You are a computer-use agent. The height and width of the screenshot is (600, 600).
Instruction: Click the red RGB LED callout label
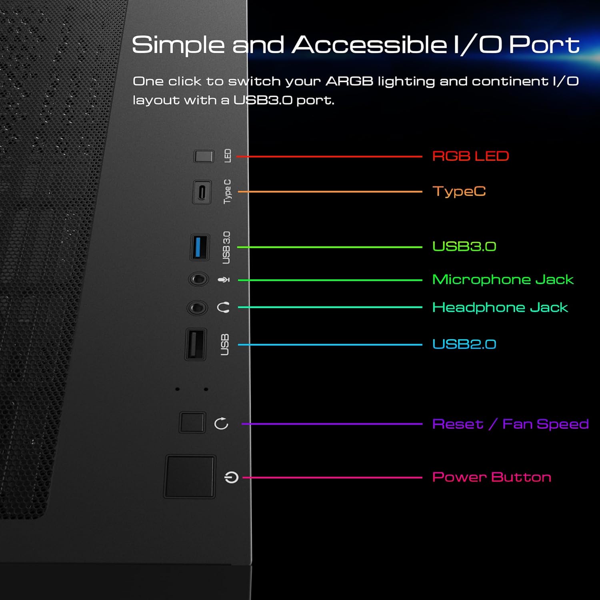(470, 156)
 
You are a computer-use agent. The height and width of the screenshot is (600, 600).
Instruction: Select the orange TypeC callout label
(459, 192)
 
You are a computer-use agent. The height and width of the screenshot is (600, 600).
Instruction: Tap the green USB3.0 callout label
(464, 246)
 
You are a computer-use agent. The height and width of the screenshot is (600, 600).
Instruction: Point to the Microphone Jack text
(503, 279)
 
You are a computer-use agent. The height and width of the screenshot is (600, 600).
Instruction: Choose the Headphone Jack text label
(500, 307)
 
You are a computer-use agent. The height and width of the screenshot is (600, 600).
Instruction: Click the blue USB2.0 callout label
(464, 344)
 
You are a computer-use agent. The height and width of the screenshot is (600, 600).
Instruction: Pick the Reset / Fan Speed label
(511, 424)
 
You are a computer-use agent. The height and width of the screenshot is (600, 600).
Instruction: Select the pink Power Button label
(492, 477)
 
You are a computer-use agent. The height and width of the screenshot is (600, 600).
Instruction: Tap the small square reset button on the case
(192, 422)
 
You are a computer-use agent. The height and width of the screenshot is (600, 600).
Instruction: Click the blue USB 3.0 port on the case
(200, 247)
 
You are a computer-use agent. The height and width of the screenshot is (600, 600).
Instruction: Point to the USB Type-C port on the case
(202, 192)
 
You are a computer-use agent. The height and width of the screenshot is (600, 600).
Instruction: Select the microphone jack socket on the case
(198, 279)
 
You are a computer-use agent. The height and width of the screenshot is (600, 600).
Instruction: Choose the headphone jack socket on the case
(197, 308)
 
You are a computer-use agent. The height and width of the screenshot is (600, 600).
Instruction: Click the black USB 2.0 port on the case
(196, 344)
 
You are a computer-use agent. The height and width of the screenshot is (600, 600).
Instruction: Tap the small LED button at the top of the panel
(204, 156)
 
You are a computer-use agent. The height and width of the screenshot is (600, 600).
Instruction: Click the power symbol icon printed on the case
(232, 477)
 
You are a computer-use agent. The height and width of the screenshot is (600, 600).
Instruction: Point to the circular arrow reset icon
(221, 423)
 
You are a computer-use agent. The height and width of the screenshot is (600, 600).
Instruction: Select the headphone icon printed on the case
(223, 308)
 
